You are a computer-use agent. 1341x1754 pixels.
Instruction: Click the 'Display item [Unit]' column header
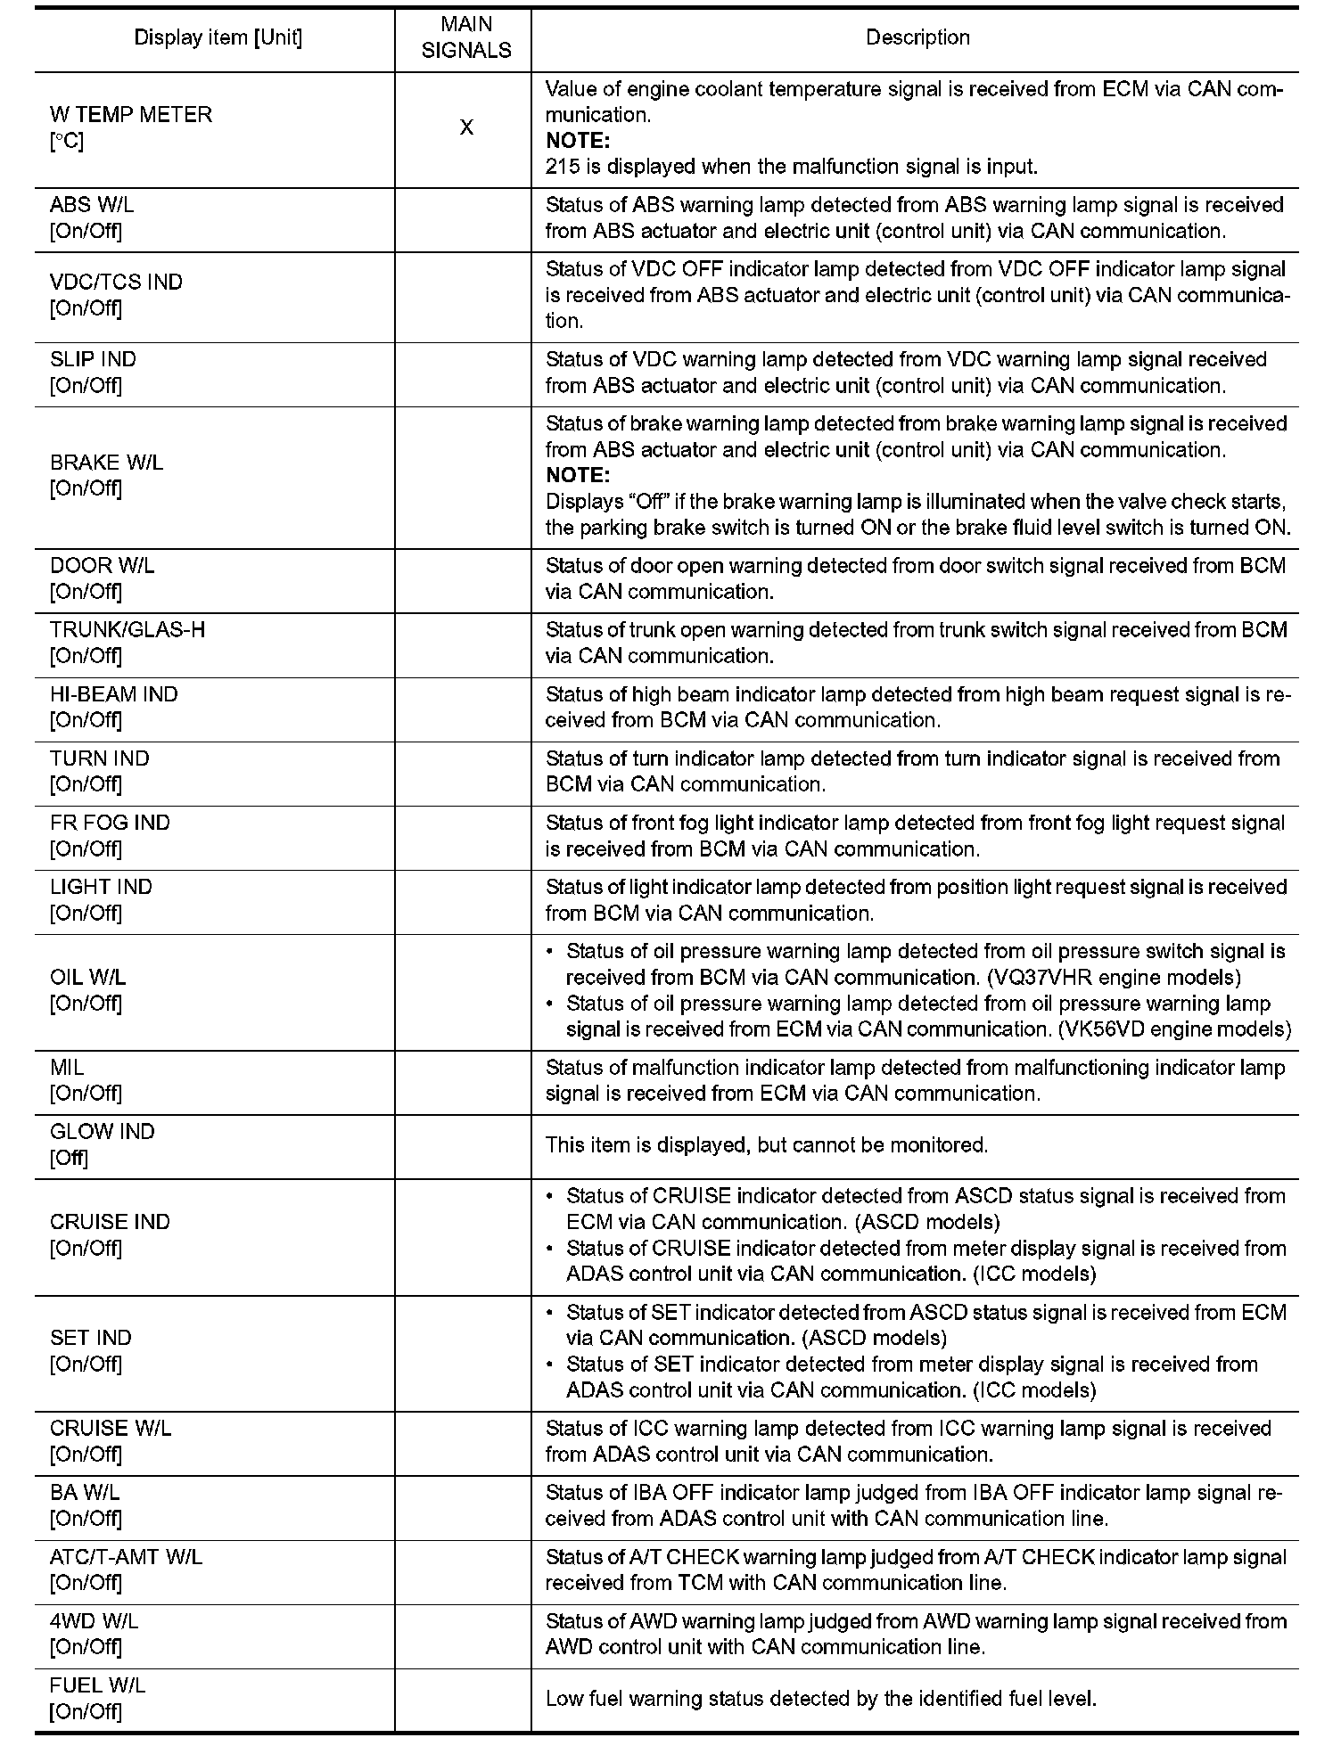pos(218,38)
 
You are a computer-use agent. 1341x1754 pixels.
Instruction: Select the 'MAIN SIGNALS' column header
pos(466,38)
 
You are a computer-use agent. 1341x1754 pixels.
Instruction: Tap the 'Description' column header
pos(917,38)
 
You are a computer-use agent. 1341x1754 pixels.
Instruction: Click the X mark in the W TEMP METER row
pos(466,128)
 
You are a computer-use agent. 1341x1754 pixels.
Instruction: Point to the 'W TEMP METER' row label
pos(131,115)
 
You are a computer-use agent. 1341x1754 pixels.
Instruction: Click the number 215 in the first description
pos(561,167)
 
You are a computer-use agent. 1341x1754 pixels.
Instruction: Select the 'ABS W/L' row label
pos(92,205)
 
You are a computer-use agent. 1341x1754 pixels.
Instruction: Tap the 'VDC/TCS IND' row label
pos(116,283)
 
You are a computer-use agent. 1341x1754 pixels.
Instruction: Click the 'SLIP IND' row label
pos(93,359)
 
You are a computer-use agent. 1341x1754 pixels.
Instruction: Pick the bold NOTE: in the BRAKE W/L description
pos(577,475)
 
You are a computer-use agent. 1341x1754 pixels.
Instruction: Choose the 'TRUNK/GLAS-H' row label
pos(128,630)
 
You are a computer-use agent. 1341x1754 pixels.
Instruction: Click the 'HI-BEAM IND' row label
pos(113,694)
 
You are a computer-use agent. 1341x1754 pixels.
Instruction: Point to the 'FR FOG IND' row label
pos(110,823)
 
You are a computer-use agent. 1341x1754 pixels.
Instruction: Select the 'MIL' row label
pos(67,1068)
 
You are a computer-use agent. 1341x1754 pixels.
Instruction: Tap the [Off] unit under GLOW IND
pos(69,1158)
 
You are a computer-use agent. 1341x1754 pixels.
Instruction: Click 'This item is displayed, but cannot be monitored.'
pos(767,1145)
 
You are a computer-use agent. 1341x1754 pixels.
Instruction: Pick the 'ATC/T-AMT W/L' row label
pos(126,1557)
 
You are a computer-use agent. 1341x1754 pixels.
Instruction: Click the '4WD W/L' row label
pos(94,1621)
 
